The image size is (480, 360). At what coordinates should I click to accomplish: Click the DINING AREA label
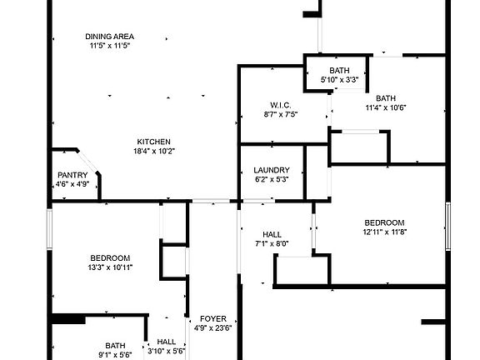pos(110,37)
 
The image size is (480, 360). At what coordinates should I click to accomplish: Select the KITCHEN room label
pos(153,142)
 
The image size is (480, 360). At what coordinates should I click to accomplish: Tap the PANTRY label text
pos(72,175)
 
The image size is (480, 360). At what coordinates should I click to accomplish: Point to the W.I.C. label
pos(280,106)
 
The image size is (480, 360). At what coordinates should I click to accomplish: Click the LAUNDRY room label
pos(272,170)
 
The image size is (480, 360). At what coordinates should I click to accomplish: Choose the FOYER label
pos(213,319)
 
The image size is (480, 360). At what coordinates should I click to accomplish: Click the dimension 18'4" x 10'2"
pos(154,151)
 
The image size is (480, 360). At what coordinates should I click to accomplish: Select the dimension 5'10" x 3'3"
pos(339,80)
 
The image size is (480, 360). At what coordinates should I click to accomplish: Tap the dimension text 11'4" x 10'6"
pos(386,107)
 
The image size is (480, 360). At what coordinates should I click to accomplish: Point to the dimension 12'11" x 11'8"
pos(384,232)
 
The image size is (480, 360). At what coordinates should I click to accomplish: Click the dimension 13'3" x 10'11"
pos(110,267)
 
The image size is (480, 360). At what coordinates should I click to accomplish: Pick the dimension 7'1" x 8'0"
pos(272,244)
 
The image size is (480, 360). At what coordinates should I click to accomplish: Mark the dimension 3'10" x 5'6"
pos(167,351)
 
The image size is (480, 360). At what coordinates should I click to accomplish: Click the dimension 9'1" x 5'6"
pos(115,355)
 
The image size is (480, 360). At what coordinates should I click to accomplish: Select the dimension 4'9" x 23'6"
pos(213,328)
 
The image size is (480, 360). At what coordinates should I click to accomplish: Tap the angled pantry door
pos(87,162)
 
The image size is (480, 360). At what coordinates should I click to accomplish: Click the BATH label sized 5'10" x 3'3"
pos(339,71)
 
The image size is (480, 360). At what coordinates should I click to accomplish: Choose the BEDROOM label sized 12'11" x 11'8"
pos(384,222)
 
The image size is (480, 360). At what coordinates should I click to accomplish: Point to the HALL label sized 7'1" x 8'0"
pos(272,235)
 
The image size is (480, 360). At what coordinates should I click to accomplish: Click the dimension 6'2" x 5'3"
pos(272,179)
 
